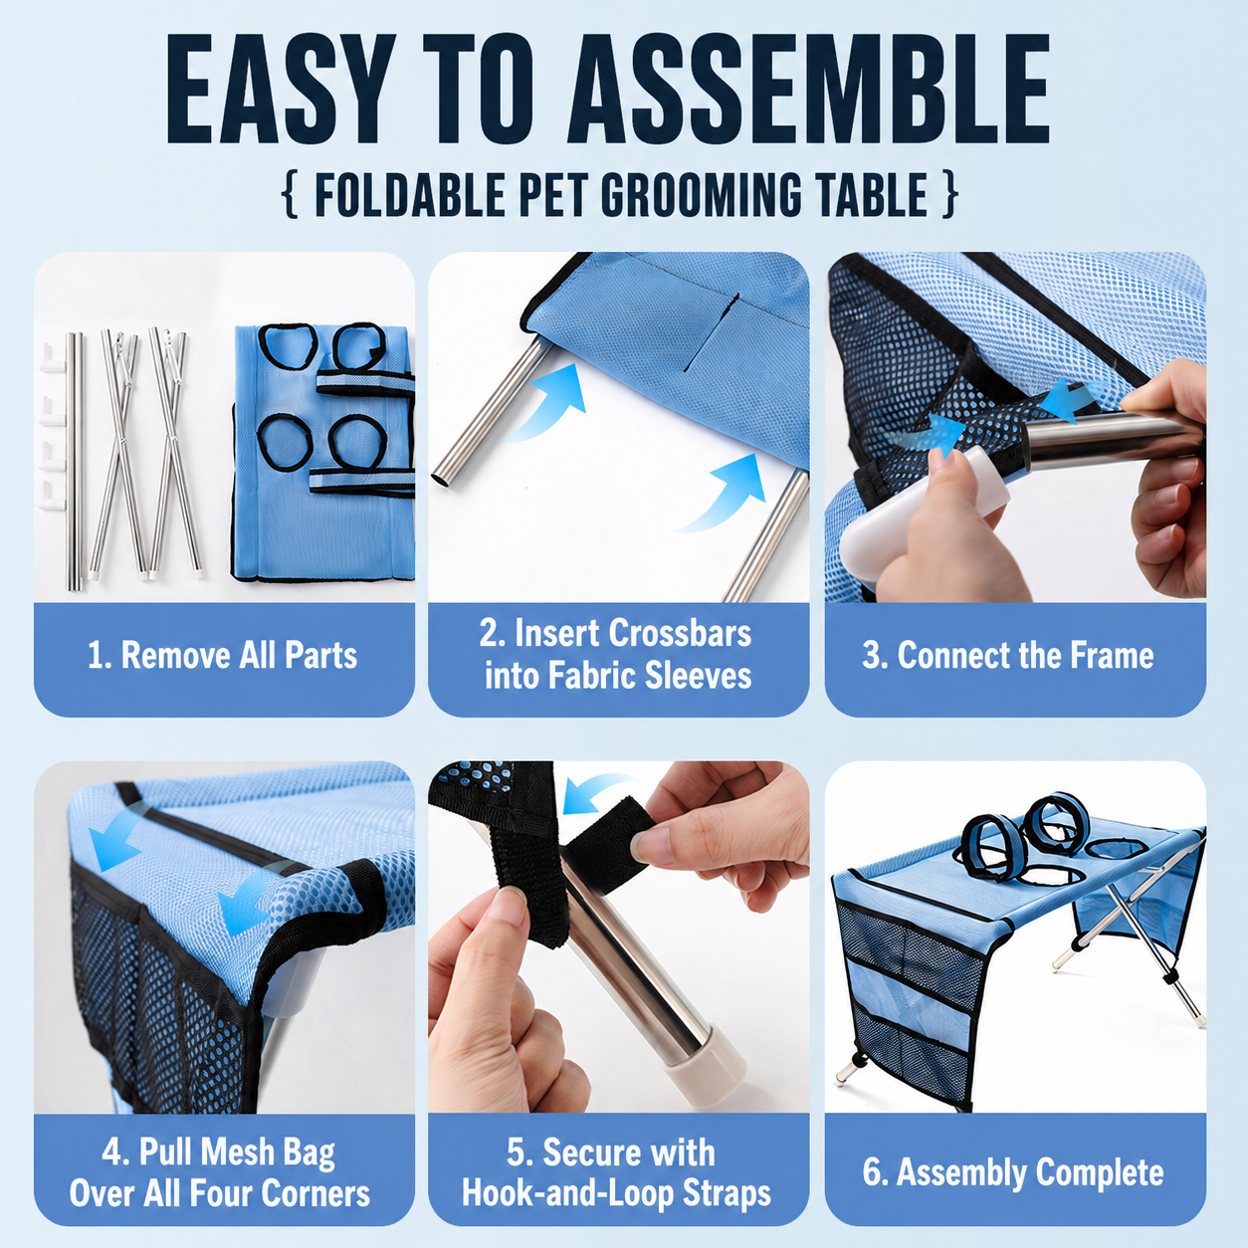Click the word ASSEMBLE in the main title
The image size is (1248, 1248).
pos(808,90)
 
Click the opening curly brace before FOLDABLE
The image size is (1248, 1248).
pos(291,194)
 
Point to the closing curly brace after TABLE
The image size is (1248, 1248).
pos(949,194)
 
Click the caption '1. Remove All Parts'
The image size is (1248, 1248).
pos(223,656)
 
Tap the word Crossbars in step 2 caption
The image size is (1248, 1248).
pos(680,633)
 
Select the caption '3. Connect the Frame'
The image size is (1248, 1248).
pos(1008,656)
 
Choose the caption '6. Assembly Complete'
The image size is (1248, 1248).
pos(1013,1172)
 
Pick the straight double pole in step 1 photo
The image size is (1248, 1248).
pos(75,461)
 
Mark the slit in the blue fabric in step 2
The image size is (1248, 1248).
pos(712,332)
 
